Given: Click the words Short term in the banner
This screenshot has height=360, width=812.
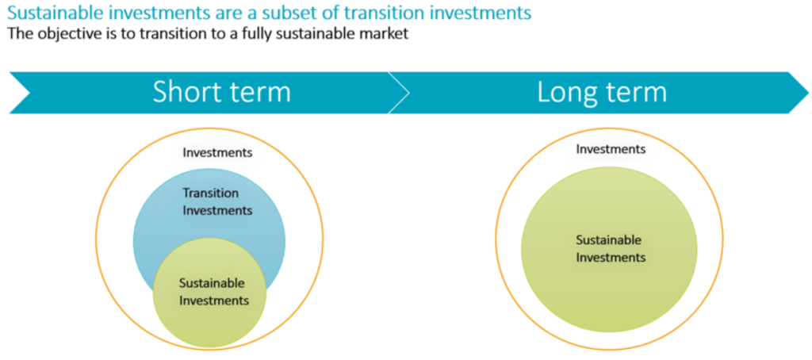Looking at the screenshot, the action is click(222, 92).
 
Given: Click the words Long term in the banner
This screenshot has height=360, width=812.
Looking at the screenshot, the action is click(602, 92).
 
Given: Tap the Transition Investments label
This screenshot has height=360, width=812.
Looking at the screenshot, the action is click(217, 202).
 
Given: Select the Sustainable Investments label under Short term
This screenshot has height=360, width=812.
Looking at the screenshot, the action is click(214, 292).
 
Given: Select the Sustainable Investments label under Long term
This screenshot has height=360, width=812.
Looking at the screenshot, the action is click(611, 249).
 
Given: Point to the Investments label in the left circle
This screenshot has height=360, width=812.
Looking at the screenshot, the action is click(217, 153).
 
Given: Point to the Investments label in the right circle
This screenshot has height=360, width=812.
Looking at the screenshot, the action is click(611, 149).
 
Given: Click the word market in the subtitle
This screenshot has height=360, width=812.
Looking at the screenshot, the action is click(386, 34).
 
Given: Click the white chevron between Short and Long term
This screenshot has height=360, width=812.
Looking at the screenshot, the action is click(400, 93).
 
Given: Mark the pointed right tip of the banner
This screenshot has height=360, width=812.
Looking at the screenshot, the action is click(808, 93).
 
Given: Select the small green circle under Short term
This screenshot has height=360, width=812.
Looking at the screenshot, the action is click(209, 293).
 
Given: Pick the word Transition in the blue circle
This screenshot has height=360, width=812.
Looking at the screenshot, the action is click(211, 193).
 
